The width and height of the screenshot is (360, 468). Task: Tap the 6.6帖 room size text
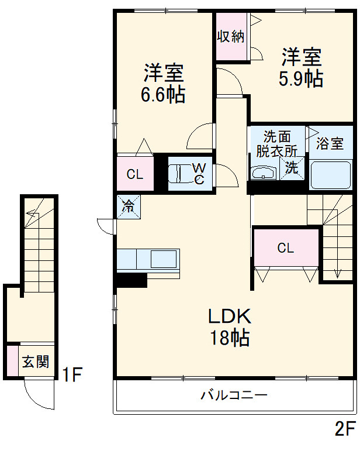pyautogui.click(x=163, y=94)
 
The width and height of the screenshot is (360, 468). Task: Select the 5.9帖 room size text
pyautogui.click(x=300, y=78)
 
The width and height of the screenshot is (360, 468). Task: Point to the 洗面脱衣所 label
pyautogui.click(x=276, y=143)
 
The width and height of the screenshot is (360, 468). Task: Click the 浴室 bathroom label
pyautogui.click(x=330, y=143)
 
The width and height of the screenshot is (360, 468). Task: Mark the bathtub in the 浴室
pyautogui.click(x=331, y=175)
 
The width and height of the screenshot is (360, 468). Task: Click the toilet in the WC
pyautogui.click(x=179, y=174)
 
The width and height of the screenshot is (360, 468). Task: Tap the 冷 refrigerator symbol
pyautogui.click(x=128, y=206)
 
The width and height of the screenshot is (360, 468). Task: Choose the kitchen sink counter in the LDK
pyautogui.click(x=148, y=259)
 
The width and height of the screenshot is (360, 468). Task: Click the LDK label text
pyautogui.click(x=230, y=316)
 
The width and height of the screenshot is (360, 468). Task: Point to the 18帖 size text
pyautogui.click(x=230, y=338)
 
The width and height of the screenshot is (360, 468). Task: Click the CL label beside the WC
pyautogui.click(x=135, y=174)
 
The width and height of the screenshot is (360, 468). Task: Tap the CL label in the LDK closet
pyautogui.click(x=285, y=248)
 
